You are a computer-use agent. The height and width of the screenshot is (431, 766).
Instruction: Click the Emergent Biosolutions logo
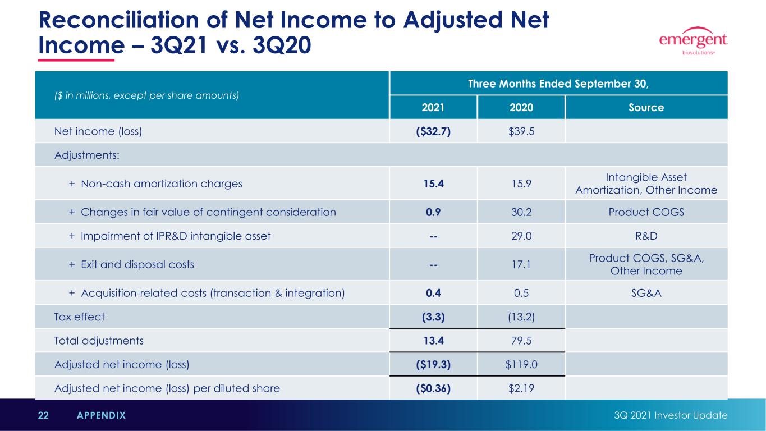click(x=693, y=41)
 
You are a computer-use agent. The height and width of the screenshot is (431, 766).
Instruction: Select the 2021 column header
click(x=433, y=107)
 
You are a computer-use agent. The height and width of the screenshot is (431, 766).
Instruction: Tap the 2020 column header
click(x=521, y=107)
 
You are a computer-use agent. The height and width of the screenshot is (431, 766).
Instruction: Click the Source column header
click(x=646, y=107)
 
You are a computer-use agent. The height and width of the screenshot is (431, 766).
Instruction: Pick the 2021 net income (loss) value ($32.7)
click(x=433, y=131)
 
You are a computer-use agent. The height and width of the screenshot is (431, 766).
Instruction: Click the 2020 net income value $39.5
click(x=521, y=131)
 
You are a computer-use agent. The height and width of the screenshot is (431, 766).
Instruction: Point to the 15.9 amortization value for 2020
click(x=521, y=184)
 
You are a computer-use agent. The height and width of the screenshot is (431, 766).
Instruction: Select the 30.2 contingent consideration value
click(x=521, y=212)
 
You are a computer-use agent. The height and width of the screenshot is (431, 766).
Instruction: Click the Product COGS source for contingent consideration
click(x=646, y=212)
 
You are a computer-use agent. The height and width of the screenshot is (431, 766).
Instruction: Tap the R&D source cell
click(x=646, y=236)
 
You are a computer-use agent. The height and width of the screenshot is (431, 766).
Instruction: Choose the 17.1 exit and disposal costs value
click(x=521, y=264)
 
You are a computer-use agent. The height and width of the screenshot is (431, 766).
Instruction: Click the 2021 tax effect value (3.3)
click(x=433, y=317)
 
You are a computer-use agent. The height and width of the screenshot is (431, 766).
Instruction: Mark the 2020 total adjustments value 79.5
click(x=521, y=341)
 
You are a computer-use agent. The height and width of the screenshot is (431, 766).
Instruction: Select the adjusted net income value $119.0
click(x=521, y=365)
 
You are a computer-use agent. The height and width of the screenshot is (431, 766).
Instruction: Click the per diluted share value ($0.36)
click(x=433, y=388)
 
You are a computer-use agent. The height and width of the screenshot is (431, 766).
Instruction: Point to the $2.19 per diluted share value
click(x=521, y=388)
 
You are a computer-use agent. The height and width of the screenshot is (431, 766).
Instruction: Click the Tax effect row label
click(x=79, y=317)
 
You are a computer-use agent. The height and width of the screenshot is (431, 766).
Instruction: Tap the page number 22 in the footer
click(x=43, y=415)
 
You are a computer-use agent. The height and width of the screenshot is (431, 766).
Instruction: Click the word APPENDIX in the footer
click(x=101, y=415)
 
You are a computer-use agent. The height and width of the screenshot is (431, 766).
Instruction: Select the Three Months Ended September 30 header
click(x=558, y=84)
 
